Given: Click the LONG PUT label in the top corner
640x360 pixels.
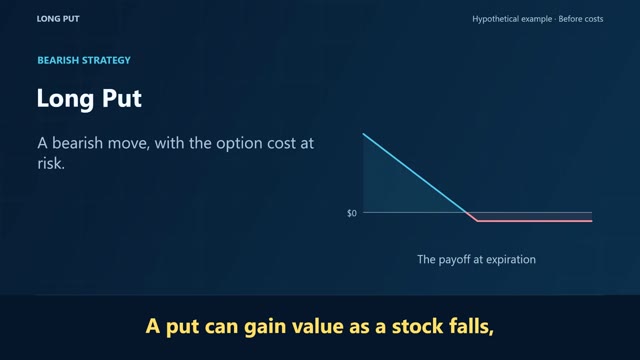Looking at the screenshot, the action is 58,19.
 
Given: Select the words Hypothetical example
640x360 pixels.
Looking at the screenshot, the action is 512,19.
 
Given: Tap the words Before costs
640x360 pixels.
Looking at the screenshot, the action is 580,19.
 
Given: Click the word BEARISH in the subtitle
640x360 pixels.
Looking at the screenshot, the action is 58,60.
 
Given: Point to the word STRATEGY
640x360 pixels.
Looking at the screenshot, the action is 106,60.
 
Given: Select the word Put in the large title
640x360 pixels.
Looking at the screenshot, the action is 122,98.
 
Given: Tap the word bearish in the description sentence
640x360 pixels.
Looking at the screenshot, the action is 78,143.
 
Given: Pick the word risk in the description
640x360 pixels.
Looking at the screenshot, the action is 51,164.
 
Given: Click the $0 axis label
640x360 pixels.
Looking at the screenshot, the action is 352,213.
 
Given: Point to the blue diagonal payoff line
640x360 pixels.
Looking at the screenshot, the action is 415,173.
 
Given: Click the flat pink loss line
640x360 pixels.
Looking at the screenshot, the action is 535,221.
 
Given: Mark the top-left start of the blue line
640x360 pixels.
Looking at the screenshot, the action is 363,134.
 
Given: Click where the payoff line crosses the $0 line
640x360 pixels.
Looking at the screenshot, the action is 467,213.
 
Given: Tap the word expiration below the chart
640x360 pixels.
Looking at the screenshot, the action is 510,260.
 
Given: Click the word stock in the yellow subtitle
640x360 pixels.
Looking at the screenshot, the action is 417,327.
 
